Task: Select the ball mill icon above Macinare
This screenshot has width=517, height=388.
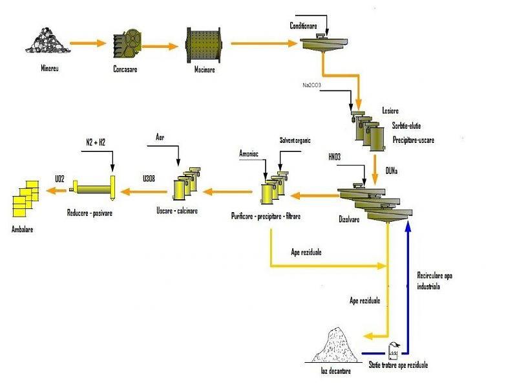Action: click(204, 44)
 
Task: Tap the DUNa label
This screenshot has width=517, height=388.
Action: click(392, 170)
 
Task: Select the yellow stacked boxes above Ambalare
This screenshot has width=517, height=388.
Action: click(26, 198)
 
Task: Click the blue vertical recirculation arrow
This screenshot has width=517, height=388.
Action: click(407, 285)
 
